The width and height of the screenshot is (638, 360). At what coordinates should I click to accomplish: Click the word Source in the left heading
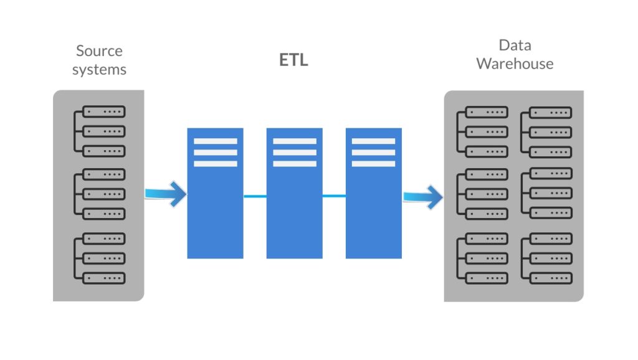(x=99, y=51)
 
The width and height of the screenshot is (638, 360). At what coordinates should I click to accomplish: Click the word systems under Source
(x=99, y=70)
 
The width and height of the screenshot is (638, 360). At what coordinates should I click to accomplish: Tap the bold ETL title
(x=293, y=61)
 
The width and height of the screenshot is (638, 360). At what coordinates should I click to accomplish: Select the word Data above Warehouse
(x=515, y=45)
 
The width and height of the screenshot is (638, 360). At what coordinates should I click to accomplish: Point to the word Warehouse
(x=515, y=64)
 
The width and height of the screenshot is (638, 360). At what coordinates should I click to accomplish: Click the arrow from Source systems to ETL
(x=166, y=194)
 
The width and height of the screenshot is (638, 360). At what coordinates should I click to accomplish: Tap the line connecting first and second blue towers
(x=255, y=196)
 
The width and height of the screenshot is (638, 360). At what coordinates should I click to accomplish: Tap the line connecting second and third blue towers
(x=334, y=196)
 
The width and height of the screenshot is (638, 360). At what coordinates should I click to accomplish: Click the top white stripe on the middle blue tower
(x=294, y=141)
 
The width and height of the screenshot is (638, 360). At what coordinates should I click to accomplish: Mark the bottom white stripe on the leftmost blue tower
(x=215, y=164)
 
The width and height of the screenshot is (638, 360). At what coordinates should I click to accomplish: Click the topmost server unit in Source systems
(x=104, y=112)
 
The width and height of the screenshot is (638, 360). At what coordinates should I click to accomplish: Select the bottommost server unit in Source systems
(x=104, y=278)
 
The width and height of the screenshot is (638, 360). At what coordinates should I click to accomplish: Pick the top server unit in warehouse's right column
(x=550, y=113)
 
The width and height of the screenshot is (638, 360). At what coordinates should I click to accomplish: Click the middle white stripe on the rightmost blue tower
(x=373, y=153)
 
